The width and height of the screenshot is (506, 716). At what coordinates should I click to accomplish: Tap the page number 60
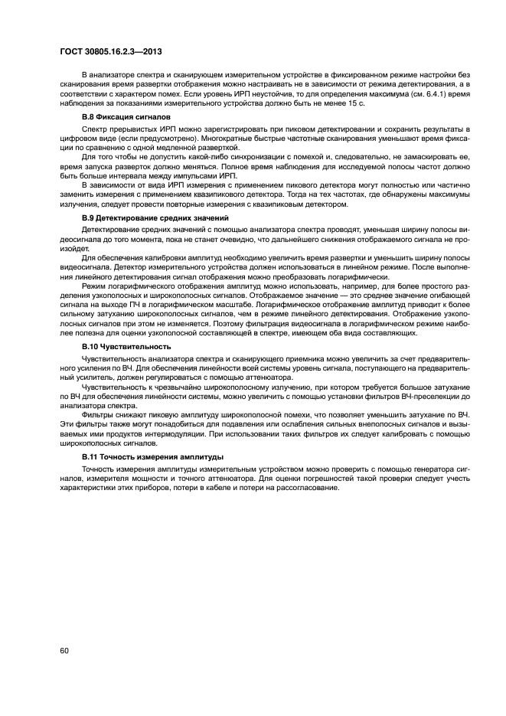64,651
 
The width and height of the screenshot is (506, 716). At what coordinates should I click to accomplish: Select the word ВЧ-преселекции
425,397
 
